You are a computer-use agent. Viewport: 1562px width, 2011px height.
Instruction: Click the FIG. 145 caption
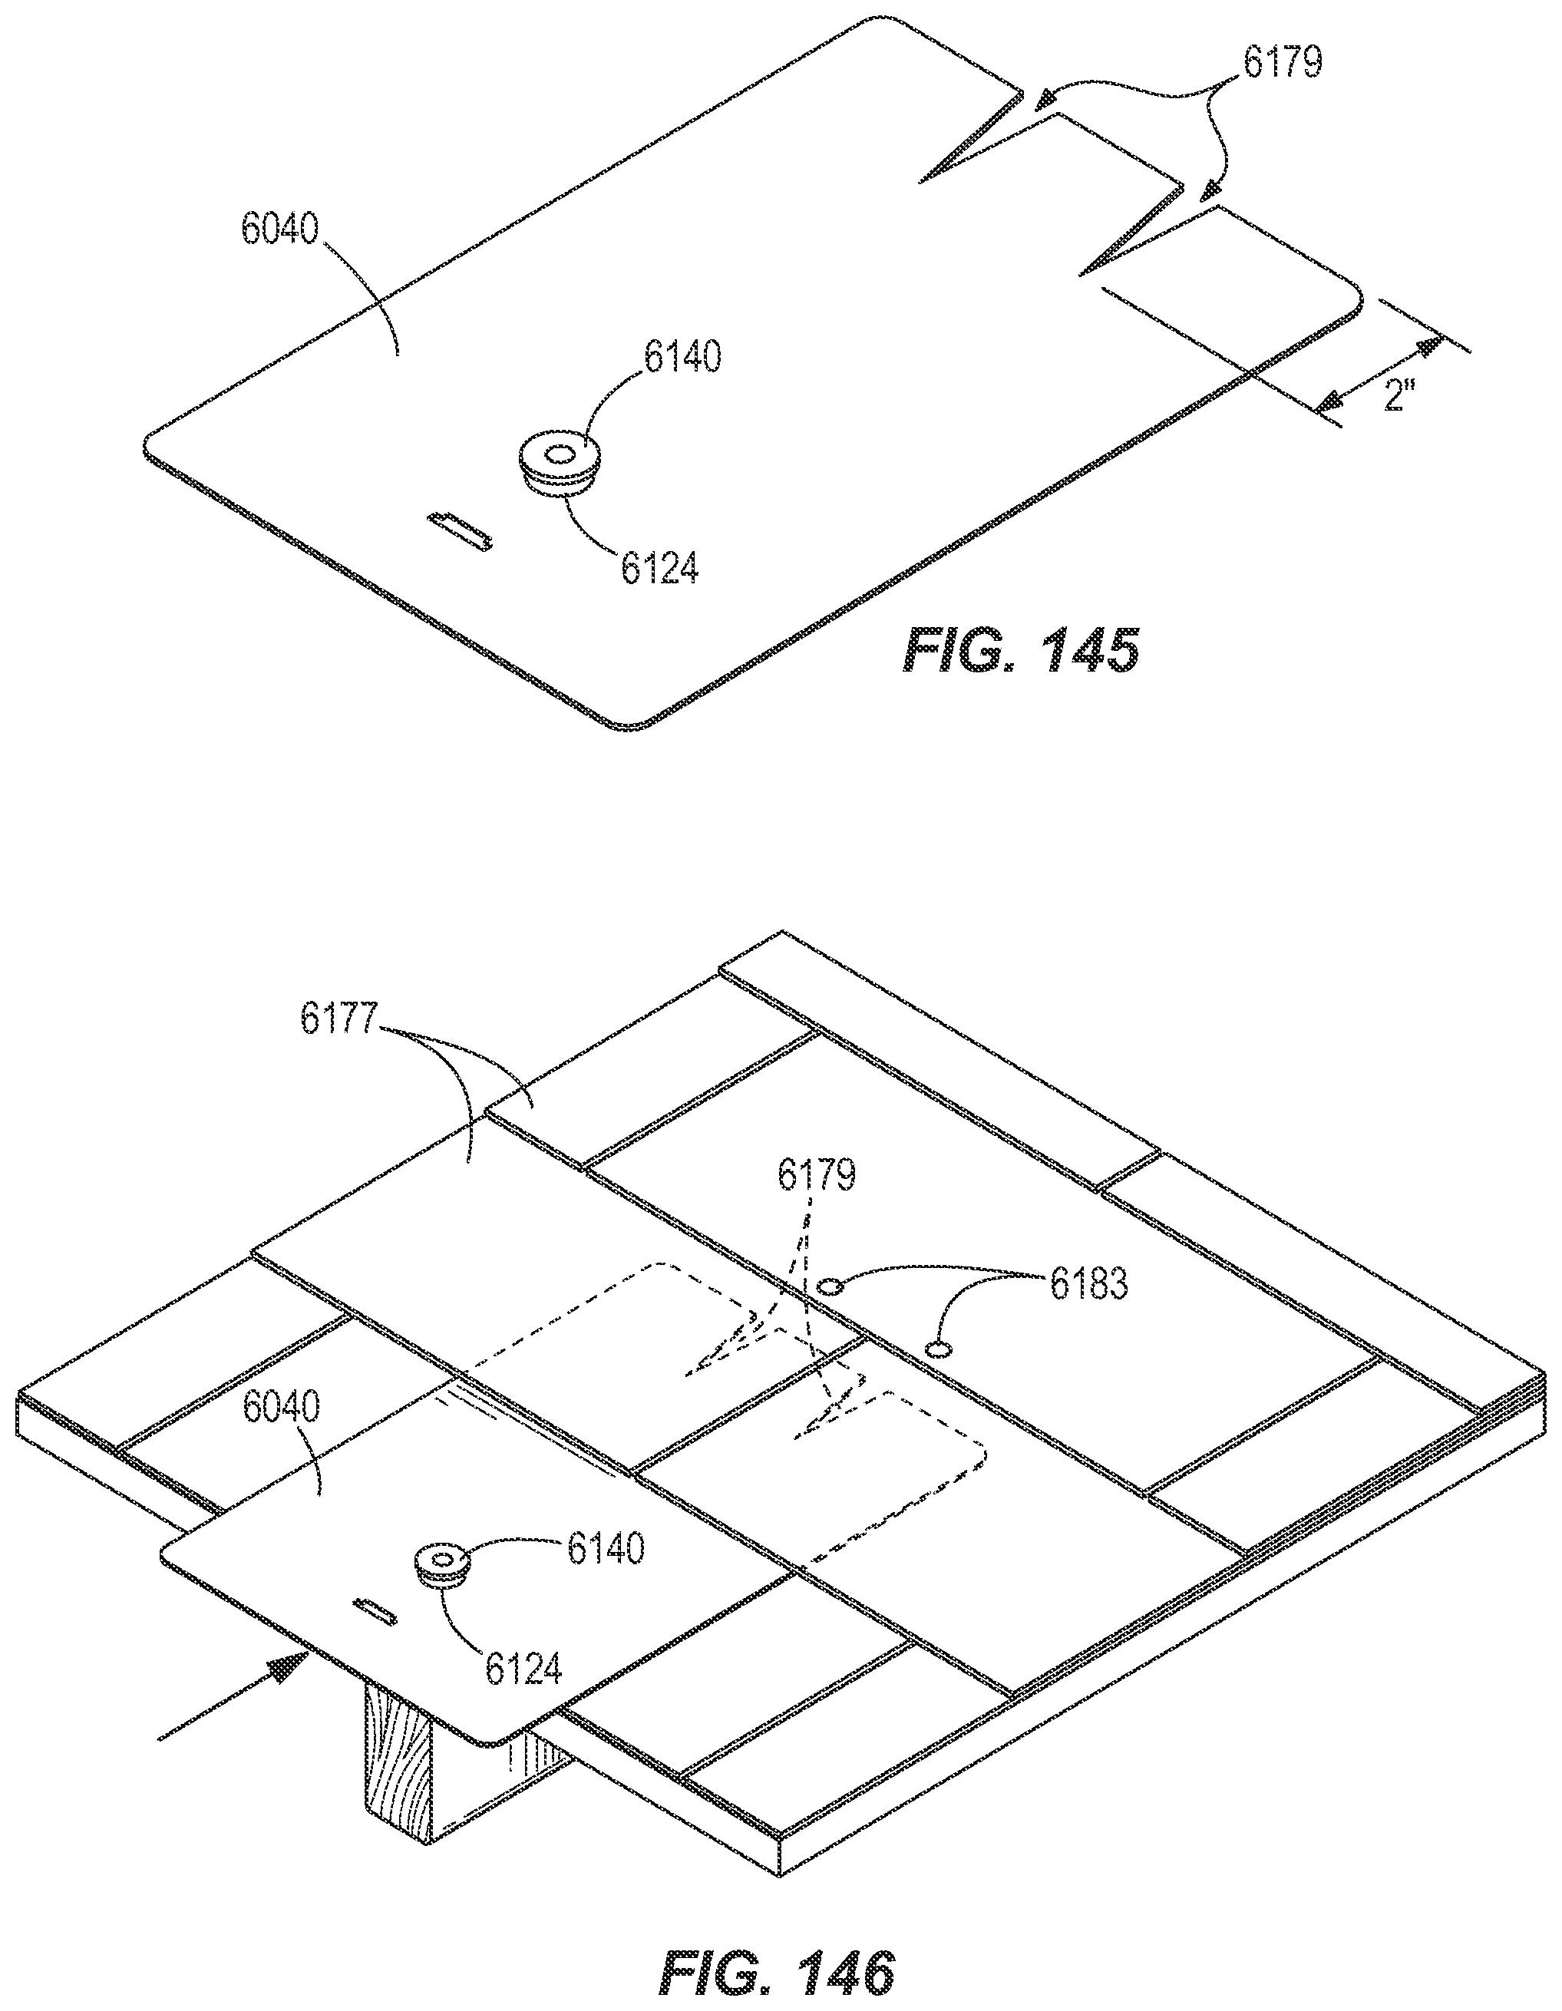pos(1020,652)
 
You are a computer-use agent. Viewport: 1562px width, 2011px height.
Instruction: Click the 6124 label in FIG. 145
pos(659,569)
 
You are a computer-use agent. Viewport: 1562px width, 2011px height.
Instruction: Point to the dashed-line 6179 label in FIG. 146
pos(817,1174)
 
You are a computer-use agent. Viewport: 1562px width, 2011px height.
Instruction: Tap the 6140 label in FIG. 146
pos(605,1549)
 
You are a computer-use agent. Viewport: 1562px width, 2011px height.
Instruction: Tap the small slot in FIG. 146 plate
pos(376,1610)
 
